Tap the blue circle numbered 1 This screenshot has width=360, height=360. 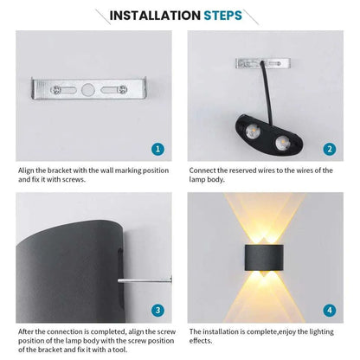coord(157,149)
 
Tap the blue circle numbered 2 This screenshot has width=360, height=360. coord(329,149)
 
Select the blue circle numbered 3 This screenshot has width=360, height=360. coord(157,309)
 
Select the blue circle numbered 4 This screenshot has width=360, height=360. coord(329,309)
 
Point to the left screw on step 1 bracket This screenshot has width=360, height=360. coord(55,87)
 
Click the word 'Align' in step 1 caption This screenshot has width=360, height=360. coord(29,170)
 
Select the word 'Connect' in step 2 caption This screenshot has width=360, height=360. coord(205,170)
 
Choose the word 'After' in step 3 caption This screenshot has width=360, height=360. coord(28,331)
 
